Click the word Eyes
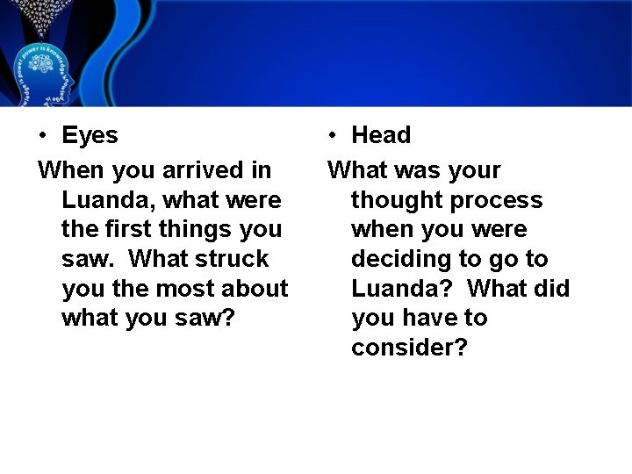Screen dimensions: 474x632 click(90, 135)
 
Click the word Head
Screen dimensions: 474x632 click(381, 135)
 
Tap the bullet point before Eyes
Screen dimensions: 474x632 click(42, 136)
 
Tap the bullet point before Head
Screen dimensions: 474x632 click(332, 136)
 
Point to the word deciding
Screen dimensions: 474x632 click(398, 260)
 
